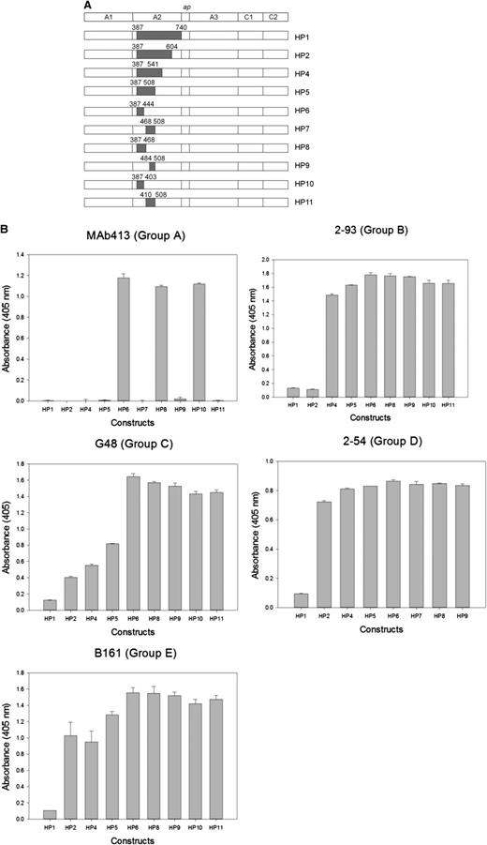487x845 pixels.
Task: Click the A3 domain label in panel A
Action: point(214,18)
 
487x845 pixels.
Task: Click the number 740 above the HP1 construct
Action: point(181,28)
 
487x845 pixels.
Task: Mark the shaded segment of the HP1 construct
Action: point(158,38)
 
